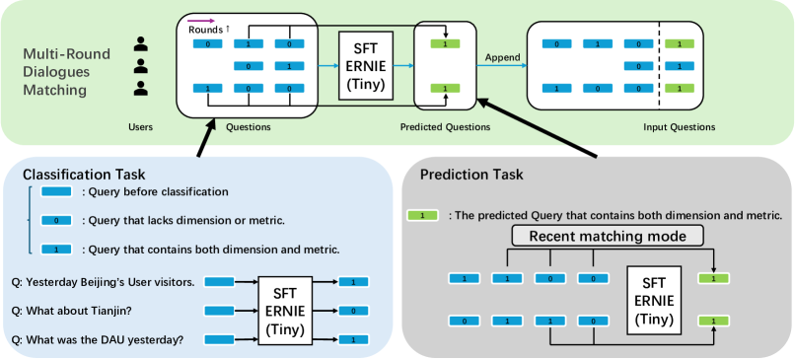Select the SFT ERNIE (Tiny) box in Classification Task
pos(285,311)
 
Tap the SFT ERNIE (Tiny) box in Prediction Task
pos(654,299)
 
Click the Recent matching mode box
pos(608,237)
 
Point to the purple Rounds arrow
pos(202,21)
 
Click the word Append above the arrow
pos(502,57)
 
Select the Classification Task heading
pos(84,175)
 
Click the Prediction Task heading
pos(471,175)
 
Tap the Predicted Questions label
pos(445,127)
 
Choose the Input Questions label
pos(680,127)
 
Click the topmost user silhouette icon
pos(141,43)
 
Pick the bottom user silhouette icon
pos(141,88)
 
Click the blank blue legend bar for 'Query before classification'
pos(56,192)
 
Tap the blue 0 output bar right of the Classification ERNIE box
pos(353,311)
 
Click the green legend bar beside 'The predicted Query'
pos(422,215)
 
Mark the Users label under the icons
pos(140,127)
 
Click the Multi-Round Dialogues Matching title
pos(67,72)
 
